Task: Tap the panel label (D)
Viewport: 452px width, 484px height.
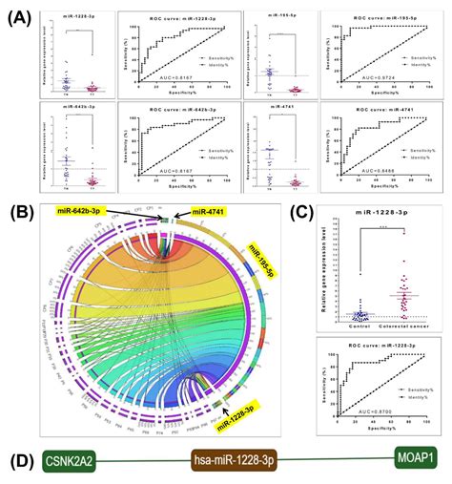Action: click(20, 459)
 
